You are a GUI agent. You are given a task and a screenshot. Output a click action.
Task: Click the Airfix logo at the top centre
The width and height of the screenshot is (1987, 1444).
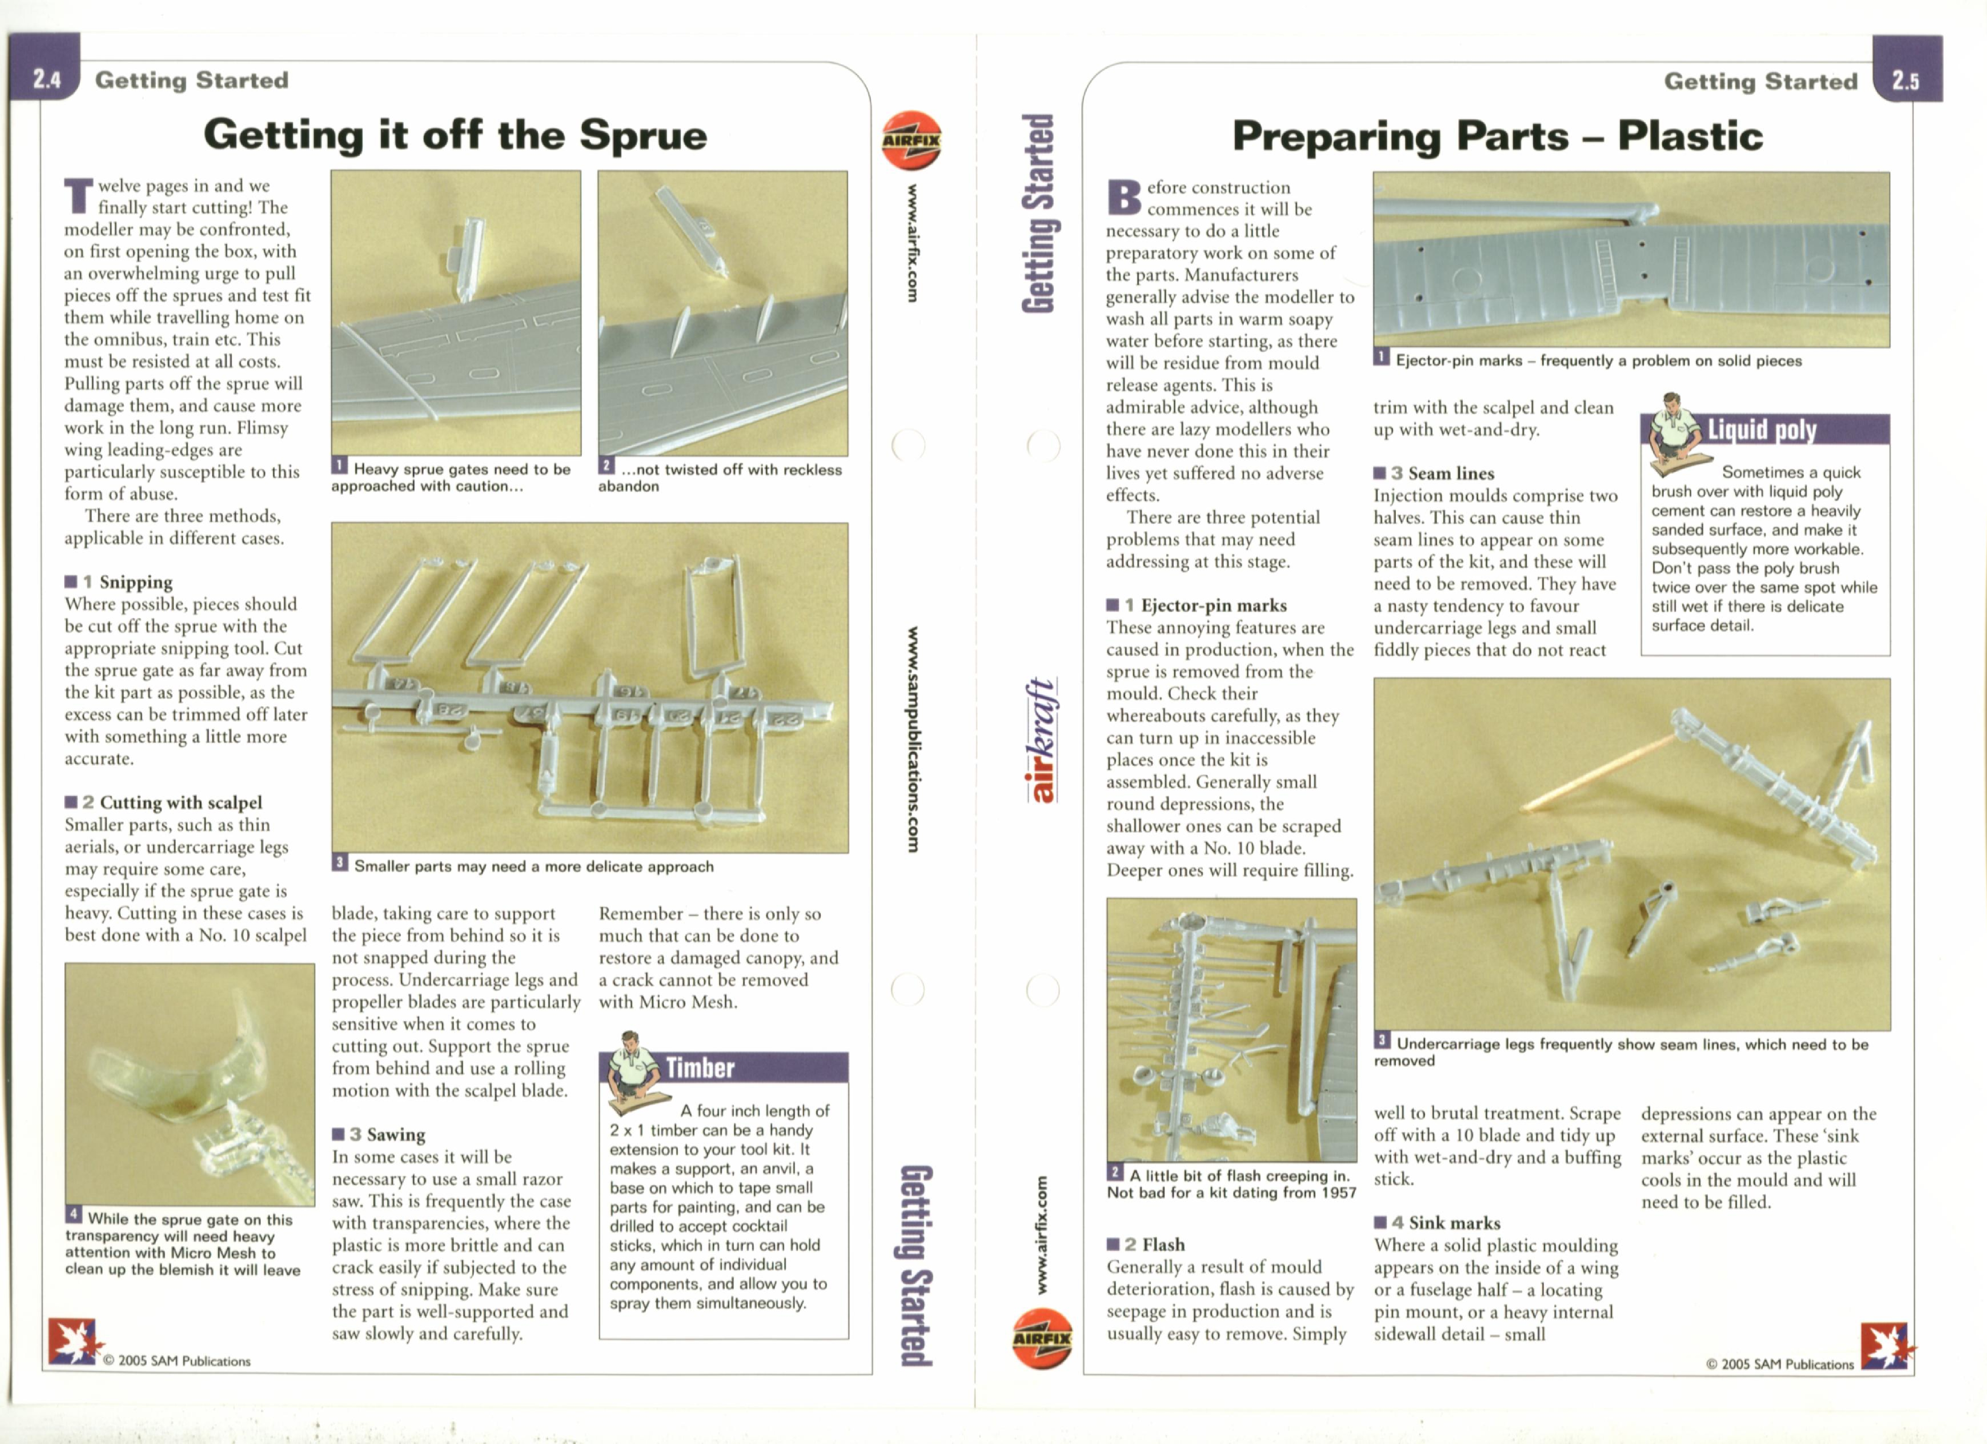point(911,140)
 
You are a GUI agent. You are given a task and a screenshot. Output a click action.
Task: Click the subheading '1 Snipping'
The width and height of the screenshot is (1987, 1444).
point(119,582)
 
